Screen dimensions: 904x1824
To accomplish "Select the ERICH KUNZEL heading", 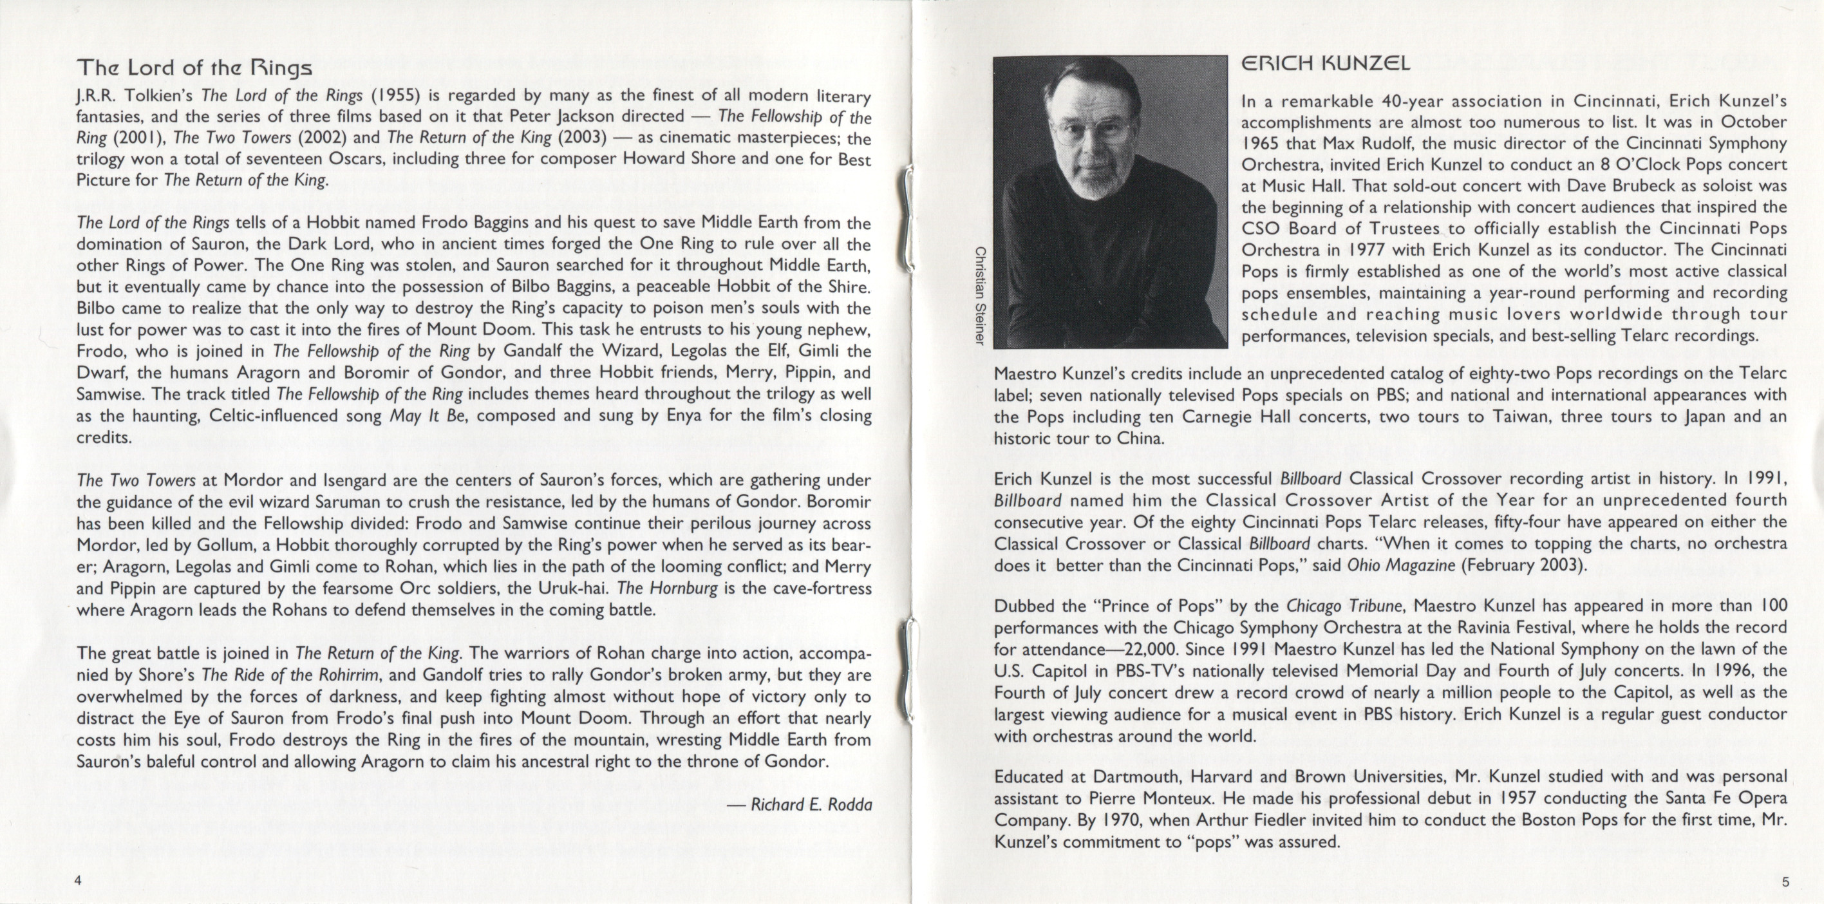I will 1326,64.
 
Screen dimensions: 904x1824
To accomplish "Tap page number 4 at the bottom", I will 79,881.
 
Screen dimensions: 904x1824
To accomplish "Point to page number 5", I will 1785,881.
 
